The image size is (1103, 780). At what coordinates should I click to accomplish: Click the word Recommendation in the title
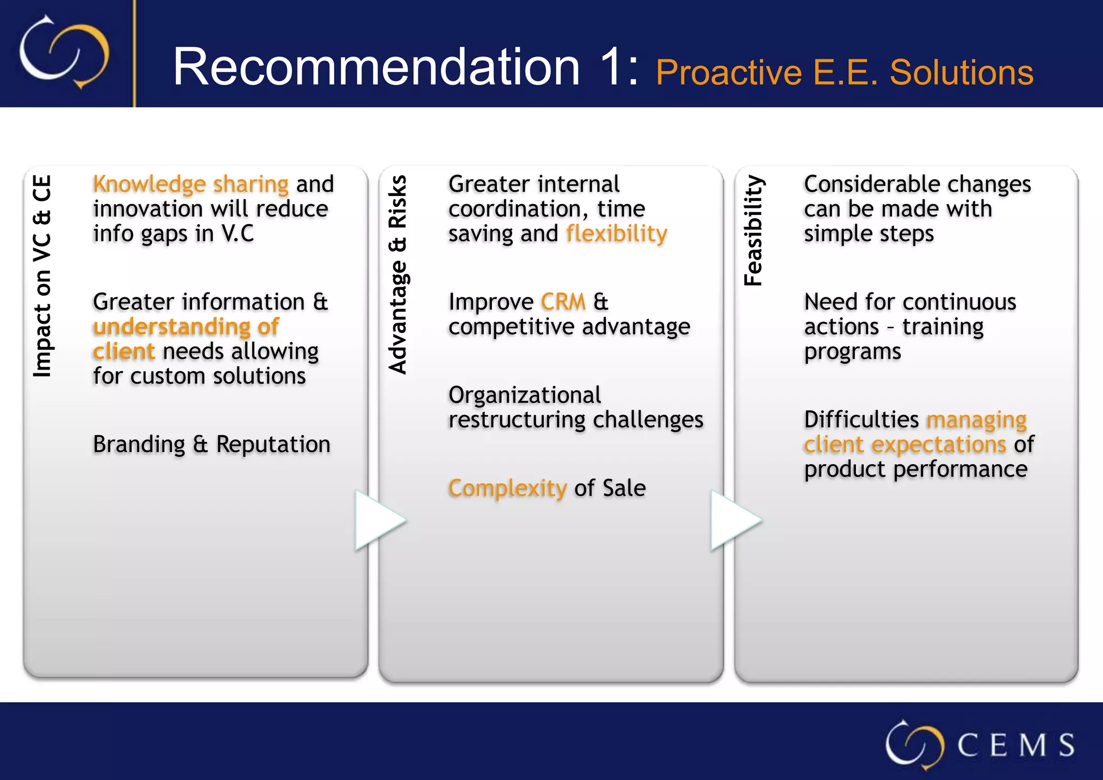pyautogui.click(x=376, y=67)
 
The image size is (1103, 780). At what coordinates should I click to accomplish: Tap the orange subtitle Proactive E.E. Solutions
pyautogui.click(x=844, y=73)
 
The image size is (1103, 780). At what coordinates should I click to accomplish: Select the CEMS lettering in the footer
pyautogui.click(x=1015, y=746)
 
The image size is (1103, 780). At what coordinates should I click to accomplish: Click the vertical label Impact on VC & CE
pyautogui.click(x=43, y=276)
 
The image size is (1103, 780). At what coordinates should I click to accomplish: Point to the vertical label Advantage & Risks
pyautogui.click(x=398, y=275)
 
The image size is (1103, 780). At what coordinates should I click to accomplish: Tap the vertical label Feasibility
pyautogui.click(x=753, y=231)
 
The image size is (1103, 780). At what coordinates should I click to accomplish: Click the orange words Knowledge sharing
pyautogui.click(x=191, y=184)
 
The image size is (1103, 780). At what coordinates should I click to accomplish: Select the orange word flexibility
pyautogui.click(x=616, y=234)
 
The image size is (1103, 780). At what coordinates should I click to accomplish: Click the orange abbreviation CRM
pyautogui.click(x=563, y=302)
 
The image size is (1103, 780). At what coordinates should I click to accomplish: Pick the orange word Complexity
pyautogui.click(x=507, y=489)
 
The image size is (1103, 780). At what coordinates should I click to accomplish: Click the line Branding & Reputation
pyautogui.click(x=212, y=445)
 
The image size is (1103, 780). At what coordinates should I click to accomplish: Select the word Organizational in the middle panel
pyautogui.click(x=525, y=395)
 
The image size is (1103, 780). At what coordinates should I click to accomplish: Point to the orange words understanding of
pyautogui.click(x=186, y=327)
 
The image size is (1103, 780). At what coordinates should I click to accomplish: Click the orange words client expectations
pyautogui.click(x=905, y=445)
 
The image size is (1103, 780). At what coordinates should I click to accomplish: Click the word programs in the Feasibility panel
pyautogui.click(x=852, y=352)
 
